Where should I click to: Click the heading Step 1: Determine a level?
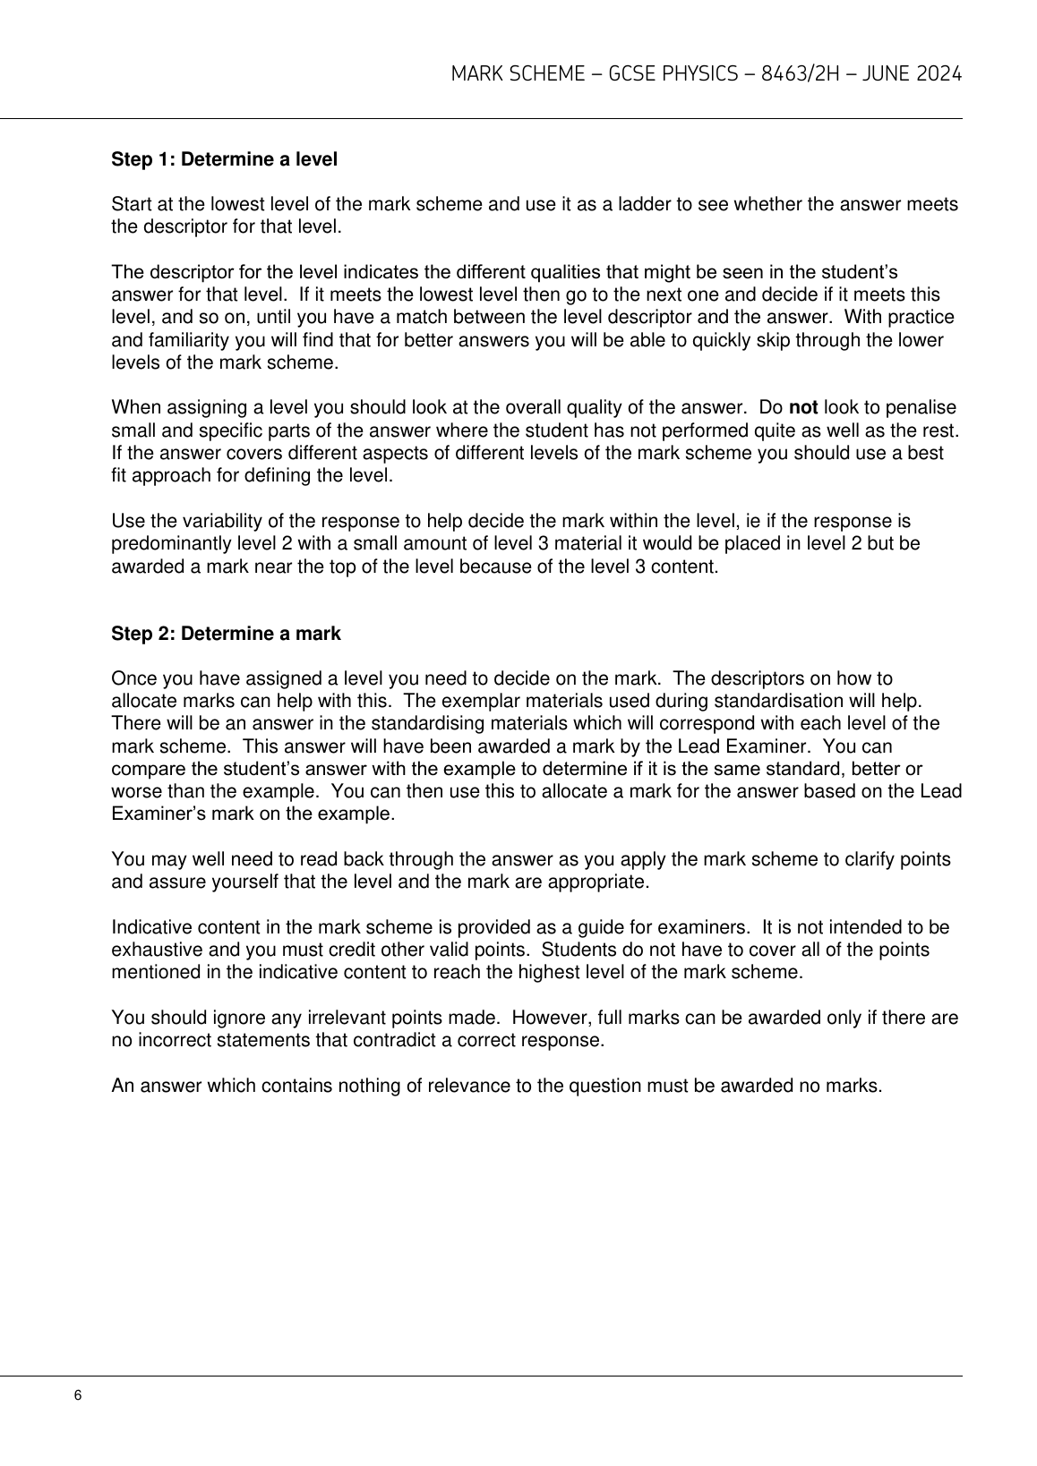tap(224, 160)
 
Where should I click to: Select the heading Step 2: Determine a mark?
tap(226, 635)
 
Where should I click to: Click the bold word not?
tap(803, 408)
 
